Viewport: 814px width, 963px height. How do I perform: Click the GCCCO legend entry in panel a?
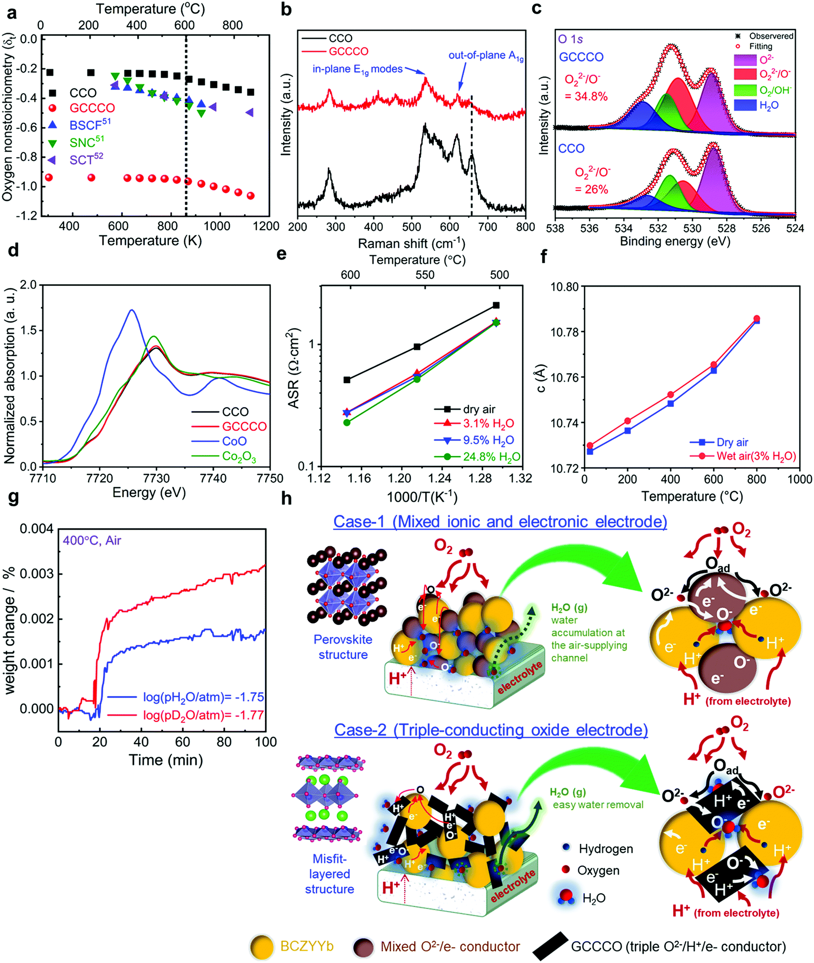(92, 108)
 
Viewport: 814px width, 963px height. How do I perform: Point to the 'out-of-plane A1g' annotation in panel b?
(486, 56)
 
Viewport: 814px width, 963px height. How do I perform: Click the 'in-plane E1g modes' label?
(357, 69)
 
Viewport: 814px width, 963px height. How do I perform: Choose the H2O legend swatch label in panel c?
(769, 106)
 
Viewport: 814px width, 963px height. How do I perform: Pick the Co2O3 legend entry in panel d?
(239, 456)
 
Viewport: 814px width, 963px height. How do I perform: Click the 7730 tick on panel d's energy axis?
(156, 478)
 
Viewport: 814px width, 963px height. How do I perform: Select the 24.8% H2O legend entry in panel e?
(491, 457)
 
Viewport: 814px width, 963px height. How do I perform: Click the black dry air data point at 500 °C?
(496, 305)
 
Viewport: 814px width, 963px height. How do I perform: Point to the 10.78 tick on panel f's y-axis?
(564, 332)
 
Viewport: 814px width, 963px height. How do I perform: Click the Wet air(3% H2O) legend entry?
(756, 456)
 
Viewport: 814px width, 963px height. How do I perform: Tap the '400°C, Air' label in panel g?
(92, 540)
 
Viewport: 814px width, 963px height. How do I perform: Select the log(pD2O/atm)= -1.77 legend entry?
(203, 715)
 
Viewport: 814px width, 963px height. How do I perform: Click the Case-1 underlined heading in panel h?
(500, 521)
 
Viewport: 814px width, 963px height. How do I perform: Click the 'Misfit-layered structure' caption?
(329, 874)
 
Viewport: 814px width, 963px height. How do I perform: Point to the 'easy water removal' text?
(598, 805)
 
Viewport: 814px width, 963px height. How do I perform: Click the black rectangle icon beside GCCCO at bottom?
(550, 946)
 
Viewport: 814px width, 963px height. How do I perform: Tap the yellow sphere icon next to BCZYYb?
(261, 947)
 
